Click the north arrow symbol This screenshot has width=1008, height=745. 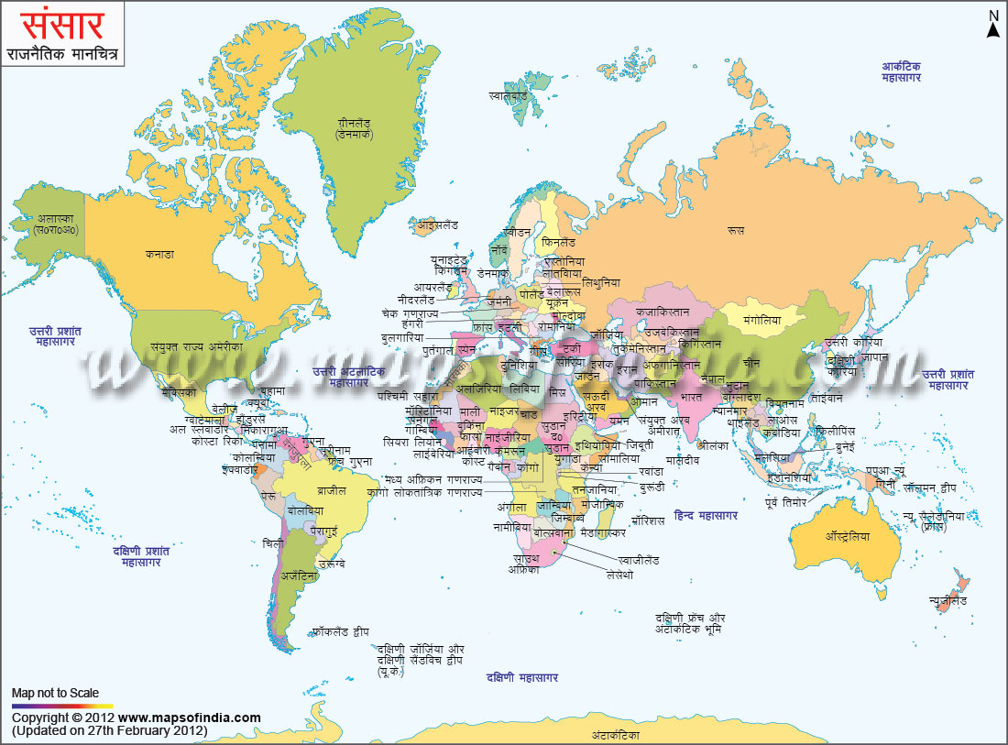point(992,25)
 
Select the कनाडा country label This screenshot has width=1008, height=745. point(159,254)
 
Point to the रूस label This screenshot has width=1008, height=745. point(735,231)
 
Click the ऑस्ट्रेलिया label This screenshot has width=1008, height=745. point(847,536)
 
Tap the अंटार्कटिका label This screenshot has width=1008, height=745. point(614,735)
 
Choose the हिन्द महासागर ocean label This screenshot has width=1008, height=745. point(705,516)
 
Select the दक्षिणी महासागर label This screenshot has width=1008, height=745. point(522,677)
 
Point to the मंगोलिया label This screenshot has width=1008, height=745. point(761,322)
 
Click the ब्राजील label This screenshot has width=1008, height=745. point(332,490)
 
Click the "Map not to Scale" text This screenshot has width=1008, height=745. point(55,694)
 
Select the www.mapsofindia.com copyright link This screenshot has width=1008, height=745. point(189,718)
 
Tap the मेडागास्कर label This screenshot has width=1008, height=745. point(603,531)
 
